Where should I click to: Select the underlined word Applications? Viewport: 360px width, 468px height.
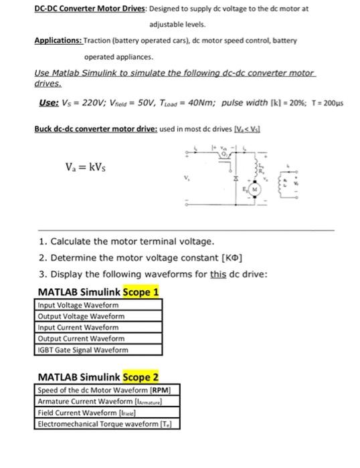click(x=58, y=40)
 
